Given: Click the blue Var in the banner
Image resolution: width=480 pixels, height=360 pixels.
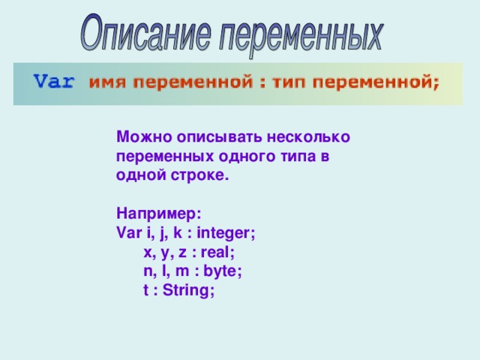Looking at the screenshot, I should coord(54,82).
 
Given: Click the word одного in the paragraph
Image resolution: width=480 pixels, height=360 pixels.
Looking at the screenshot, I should coord(241,157).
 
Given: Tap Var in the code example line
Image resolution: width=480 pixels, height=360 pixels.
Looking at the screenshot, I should coord(129,233).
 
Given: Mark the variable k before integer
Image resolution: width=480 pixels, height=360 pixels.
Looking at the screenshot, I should coord(178,233).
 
